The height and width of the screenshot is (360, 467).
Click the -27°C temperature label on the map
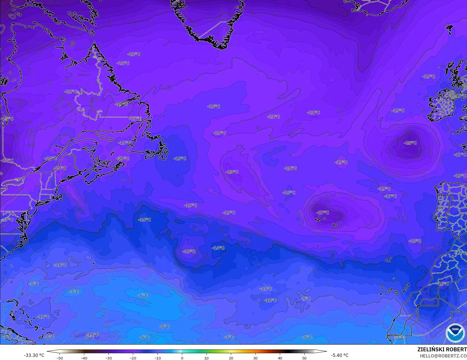pos(323,213)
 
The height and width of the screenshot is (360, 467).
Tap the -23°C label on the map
pos(232,172)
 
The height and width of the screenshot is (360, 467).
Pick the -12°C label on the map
pos(270,300)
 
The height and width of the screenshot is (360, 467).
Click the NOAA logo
pos(455,333)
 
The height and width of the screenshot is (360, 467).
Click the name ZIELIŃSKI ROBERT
pos(442,349)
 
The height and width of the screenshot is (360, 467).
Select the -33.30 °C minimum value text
pos(34,355)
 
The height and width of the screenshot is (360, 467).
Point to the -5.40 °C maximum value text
pos(339,355)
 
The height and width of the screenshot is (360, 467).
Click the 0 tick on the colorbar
pos(182,358)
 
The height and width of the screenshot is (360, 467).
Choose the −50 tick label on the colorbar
pos(59,358)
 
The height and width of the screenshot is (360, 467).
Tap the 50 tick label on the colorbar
pos(304,358)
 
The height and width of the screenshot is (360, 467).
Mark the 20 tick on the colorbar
pos(231,358)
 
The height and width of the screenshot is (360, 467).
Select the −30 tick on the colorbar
pos(108,358)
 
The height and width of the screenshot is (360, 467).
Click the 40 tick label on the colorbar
pos(280,358)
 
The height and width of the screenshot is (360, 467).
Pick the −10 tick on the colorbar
pos(157,358)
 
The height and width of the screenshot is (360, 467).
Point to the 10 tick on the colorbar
pos(206,358)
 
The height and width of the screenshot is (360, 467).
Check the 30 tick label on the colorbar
pos(255,358)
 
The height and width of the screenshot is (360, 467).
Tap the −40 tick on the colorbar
pos(84,358)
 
